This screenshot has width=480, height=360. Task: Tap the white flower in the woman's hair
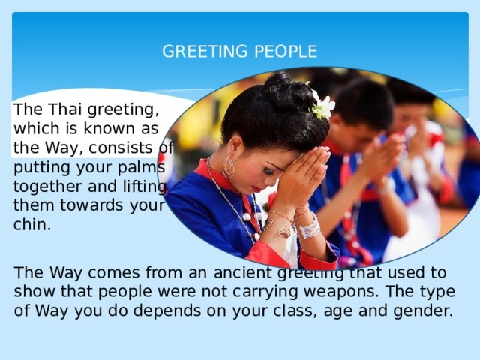323,106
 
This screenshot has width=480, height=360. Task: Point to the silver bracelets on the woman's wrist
308,226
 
